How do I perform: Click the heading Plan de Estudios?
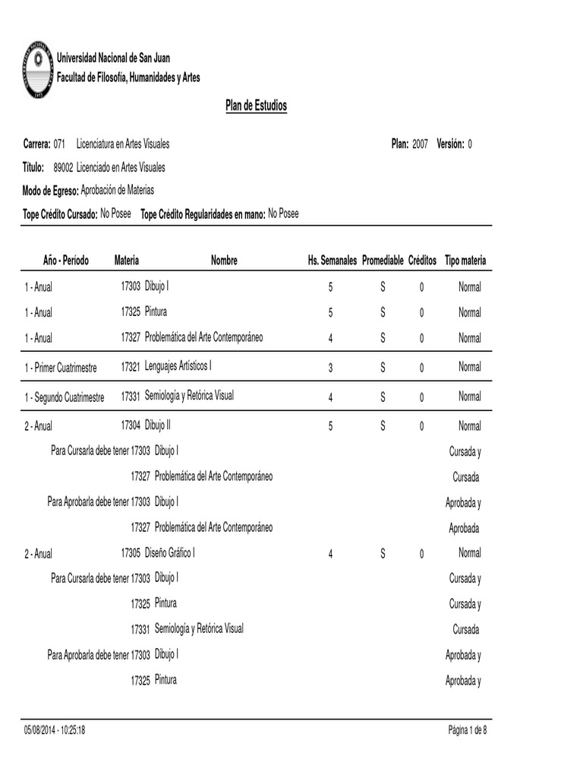click(x=256, y=106)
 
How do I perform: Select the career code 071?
click(x=60, y=144)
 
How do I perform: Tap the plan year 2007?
click(x=421, y=144)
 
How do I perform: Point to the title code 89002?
click(x=63, y=167)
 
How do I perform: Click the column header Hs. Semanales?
click(x=332, y=261)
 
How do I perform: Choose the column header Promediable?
click(x=383, y=261)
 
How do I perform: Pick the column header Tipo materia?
click(x=465, y=261)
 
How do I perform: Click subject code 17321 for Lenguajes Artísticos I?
click(x=131, y=367)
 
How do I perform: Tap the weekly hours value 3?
click(x=330, y=368)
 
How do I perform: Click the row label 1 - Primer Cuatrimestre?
click(x=61, y=368)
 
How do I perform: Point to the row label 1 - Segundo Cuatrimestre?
click(x=64, y=397)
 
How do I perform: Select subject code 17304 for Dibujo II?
click(x=131, y=425)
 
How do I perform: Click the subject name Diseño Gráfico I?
click(x=169, y=553)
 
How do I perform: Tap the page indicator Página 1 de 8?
click(x=468, y=730)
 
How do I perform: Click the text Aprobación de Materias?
click(x=117, y=191)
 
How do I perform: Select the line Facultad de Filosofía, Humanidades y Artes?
click(x=129, y=77)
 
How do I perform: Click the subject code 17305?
click(x=131, y=553)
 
